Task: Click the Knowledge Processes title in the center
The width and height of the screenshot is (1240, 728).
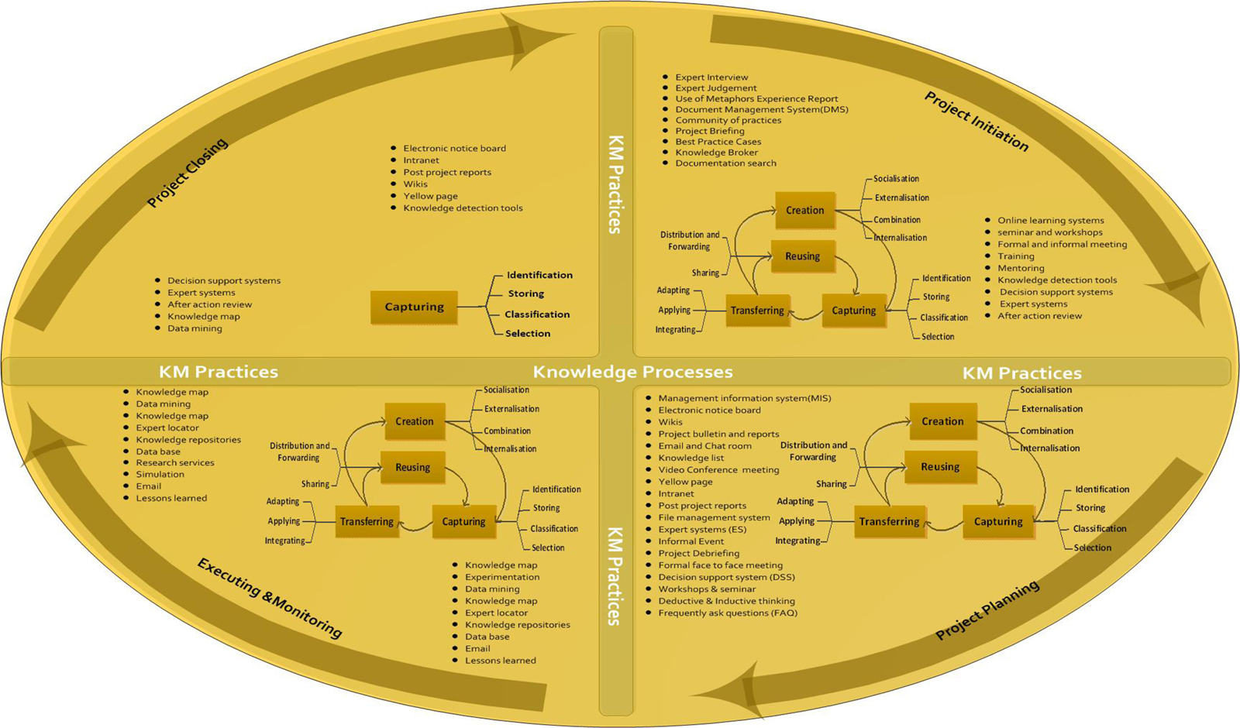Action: (632, 373)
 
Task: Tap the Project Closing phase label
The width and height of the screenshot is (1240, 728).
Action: (188, 173)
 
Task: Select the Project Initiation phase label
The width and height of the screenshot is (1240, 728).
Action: (976, 122)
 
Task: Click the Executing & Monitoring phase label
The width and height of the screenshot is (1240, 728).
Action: (269, 598)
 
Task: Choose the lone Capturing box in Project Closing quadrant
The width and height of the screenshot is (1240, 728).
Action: (414, 307)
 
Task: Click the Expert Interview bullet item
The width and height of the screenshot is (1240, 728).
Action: (711, 77)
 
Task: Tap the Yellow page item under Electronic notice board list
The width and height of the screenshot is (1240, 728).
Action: (430, 196)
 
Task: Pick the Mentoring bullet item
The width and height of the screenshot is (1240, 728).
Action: (1021, 268)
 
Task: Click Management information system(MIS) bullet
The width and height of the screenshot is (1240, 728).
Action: (744, 398)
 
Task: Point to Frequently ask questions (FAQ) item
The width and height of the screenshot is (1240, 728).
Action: (727, 613)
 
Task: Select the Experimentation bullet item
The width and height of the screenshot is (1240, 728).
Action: (502, 577)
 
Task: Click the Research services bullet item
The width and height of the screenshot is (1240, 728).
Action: (175, 462)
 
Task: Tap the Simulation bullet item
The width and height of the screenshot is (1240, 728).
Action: (160, 474)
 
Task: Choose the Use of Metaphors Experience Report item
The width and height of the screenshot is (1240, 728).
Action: (756, 99)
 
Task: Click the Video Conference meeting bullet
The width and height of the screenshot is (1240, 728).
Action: (718, 469)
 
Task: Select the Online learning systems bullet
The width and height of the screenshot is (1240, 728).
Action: (1050, 221)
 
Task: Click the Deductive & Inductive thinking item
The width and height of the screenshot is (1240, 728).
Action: (726, 601)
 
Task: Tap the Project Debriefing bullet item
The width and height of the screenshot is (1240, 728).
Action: (698, 553)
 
